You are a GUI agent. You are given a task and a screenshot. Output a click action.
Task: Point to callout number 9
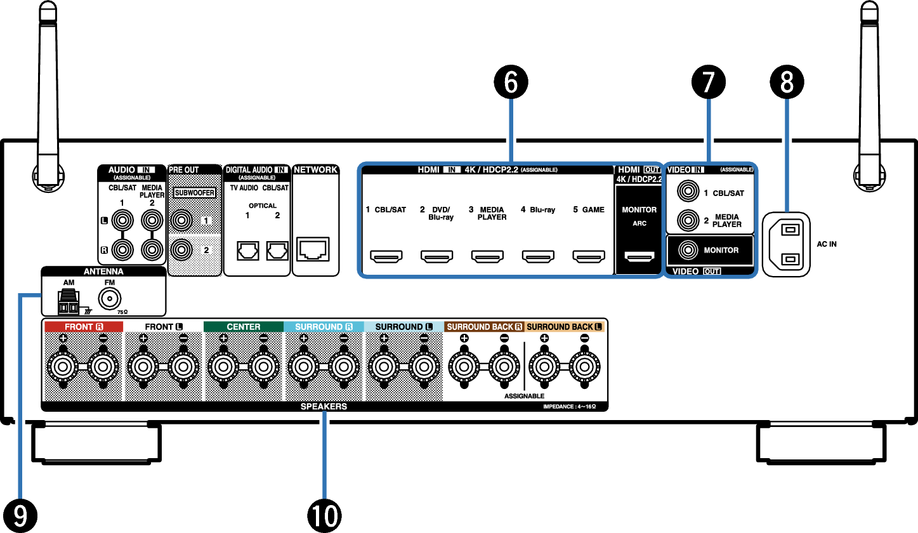point(20,515)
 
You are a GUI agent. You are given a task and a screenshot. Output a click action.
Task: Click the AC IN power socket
point(787,244)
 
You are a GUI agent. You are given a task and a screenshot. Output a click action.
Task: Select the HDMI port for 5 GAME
point(589,257)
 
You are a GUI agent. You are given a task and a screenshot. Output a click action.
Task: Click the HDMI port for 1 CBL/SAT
point(386,257)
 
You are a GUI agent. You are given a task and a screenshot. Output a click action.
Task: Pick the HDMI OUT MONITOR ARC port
point(639,257)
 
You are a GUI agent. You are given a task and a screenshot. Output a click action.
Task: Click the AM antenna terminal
point(68,303)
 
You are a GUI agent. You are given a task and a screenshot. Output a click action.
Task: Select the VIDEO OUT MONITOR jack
point(686,250)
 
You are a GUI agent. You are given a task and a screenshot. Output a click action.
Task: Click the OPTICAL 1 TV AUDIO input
point(246,251)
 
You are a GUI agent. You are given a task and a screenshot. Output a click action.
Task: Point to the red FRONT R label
point(83,327)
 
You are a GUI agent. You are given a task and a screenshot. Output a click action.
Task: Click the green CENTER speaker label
point(244,327)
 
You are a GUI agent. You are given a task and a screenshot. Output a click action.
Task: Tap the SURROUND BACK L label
point(565,327)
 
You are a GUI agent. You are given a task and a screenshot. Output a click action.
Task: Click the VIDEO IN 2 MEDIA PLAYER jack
point(686,221)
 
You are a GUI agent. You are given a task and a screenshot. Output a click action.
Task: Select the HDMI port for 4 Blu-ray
point(538,257)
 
